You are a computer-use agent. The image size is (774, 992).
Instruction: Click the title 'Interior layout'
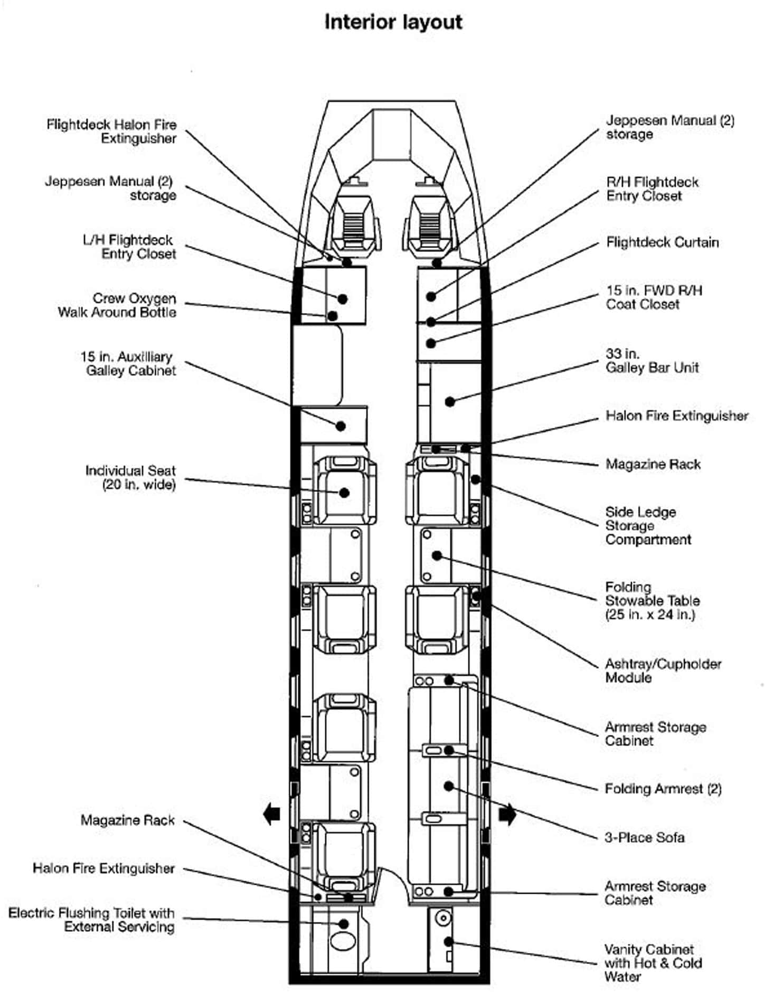point(393,22)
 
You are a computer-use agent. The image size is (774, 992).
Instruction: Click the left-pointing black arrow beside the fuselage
point(271,814)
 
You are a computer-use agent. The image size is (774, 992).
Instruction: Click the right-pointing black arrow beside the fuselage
point(507,814)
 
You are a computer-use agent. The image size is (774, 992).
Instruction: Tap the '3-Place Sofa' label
point(644,837)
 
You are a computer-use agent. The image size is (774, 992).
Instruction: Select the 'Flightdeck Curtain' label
point(662,242)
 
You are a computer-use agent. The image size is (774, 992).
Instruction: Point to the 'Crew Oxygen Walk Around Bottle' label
point(117,305)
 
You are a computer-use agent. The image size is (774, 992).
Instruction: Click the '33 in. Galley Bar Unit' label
point(652,361)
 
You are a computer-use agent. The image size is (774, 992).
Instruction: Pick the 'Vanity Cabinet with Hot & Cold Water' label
point(653,963)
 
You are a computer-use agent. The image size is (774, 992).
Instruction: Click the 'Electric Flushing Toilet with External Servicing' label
point(91,920)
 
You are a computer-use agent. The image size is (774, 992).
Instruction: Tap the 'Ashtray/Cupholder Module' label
point(663,670)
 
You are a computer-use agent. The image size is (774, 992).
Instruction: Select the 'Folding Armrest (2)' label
point(663,789)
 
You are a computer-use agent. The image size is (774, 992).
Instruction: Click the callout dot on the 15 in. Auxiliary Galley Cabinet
point(341,426)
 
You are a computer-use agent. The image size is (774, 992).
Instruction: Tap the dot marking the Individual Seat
point(344,493)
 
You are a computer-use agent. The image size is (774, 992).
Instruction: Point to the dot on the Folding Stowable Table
point(437,555)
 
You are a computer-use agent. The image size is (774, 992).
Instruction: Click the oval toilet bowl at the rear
point(342,941)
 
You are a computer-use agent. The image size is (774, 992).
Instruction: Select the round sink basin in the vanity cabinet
point(443,919)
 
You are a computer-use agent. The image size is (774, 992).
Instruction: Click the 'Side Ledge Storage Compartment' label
point(648,526)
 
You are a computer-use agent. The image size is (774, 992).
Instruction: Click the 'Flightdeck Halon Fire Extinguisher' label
point(111,131)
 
